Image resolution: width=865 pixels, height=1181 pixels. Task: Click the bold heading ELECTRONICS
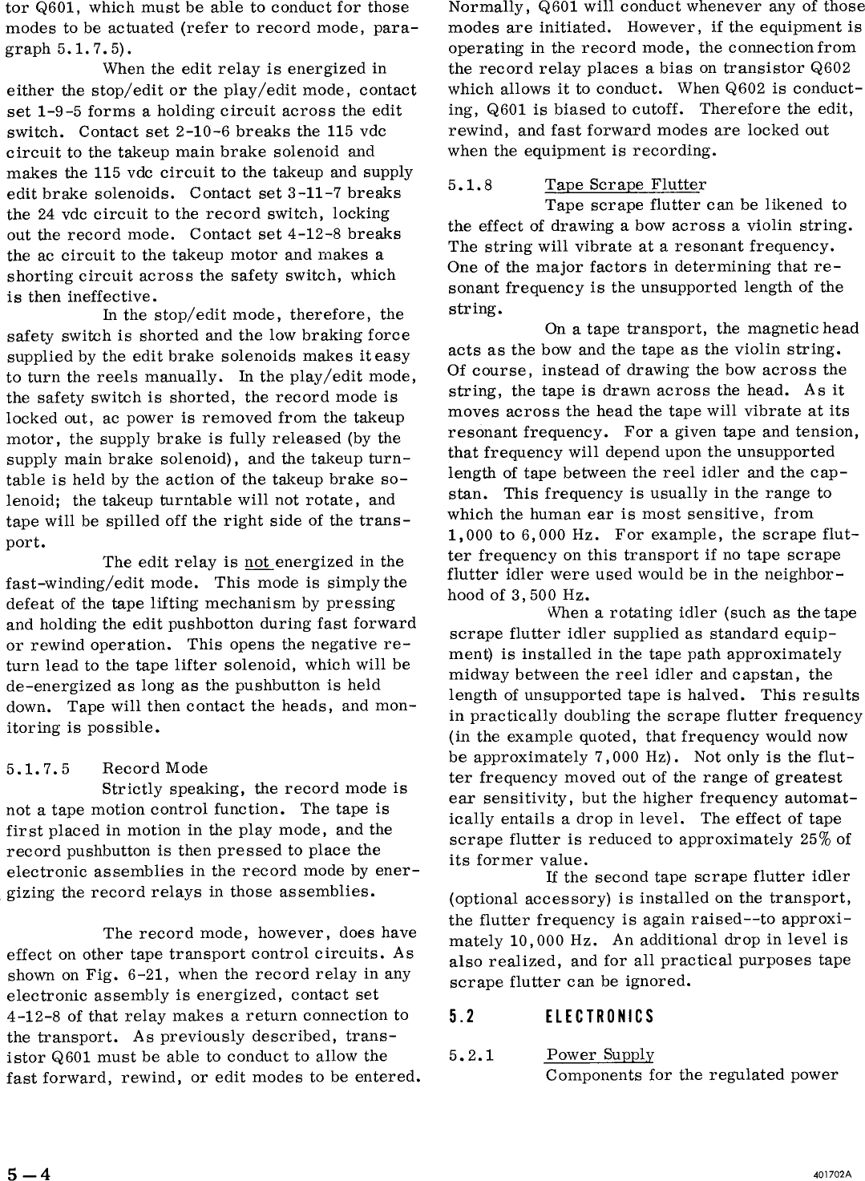pyautogui.click(x=599, y=1017)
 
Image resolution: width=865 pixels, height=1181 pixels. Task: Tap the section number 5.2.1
pyautogui.click(x=471, y=1055)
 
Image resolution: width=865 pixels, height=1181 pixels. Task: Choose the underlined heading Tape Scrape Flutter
pyautogui.click(x=625, y=185)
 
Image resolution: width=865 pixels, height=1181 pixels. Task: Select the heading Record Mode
pyautogui.click(x=155, y=768)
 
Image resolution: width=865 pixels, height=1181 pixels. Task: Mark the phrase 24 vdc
pyautogui.click(x=62, y=213)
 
